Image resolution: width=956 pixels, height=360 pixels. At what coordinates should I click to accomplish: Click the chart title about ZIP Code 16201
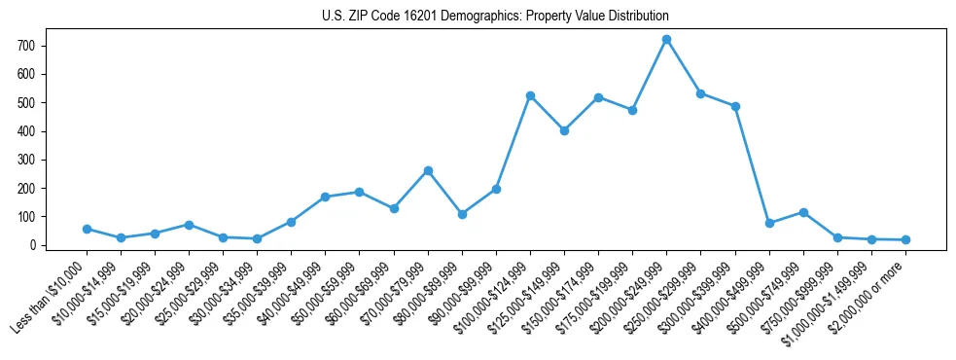tap(495, 17)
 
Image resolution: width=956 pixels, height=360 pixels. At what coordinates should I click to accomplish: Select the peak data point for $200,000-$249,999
tap(666, 40)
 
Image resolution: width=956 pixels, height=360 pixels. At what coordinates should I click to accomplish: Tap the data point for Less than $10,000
tap(87, 229)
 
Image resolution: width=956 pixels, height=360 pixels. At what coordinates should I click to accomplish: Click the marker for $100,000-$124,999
tap(530, 95)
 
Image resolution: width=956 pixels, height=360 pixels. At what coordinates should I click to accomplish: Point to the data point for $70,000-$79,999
tap(428, 170)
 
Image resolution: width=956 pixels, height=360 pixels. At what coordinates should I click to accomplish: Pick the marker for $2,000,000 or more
tap(905, 239)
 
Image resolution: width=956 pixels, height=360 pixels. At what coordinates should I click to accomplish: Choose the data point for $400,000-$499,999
tap(769, 223)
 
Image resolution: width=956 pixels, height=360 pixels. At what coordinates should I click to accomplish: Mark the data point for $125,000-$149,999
tap(564, 130)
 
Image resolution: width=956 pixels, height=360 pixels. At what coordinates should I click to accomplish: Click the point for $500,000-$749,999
tap(803, 212)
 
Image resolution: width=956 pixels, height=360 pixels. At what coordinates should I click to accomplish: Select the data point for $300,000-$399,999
tap(735, 106)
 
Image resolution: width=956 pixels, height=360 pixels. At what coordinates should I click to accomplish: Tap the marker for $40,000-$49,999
tap(325, 197)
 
